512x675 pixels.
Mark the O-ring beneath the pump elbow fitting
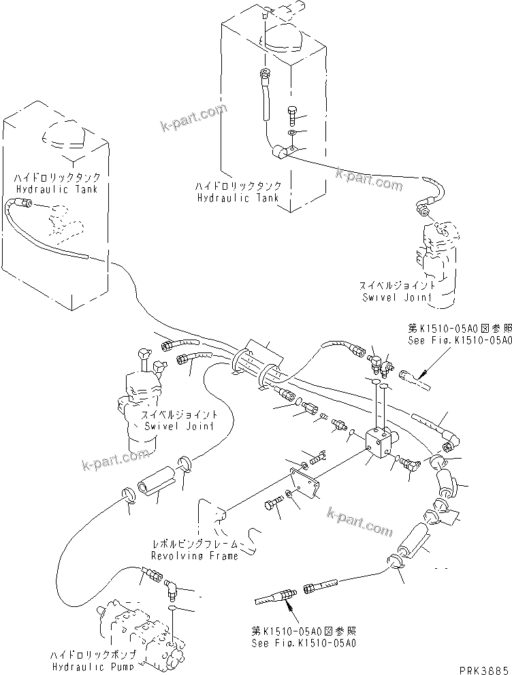[175, 607]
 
